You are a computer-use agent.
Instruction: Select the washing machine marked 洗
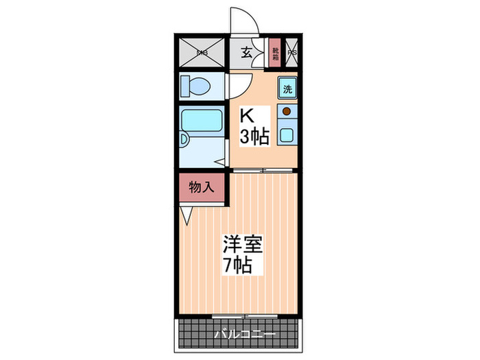(x=288, y=88)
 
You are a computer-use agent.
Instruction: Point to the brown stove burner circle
(x=287, y=110)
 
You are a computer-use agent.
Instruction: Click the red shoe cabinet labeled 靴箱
(x=275, y=51)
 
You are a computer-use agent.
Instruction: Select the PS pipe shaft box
(x=292, y=52)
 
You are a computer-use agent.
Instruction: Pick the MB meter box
(x=202, y=52)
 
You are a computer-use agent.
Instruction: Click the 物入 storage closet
(x=202, y=187)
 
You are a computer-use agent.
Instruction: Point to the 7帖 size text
(x=237, y=265)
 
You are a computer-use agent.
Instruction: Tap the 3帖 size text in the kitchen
(x=253, y=136)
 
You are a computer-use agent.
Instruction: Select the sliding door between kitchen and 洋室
(x=263, y=169)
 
